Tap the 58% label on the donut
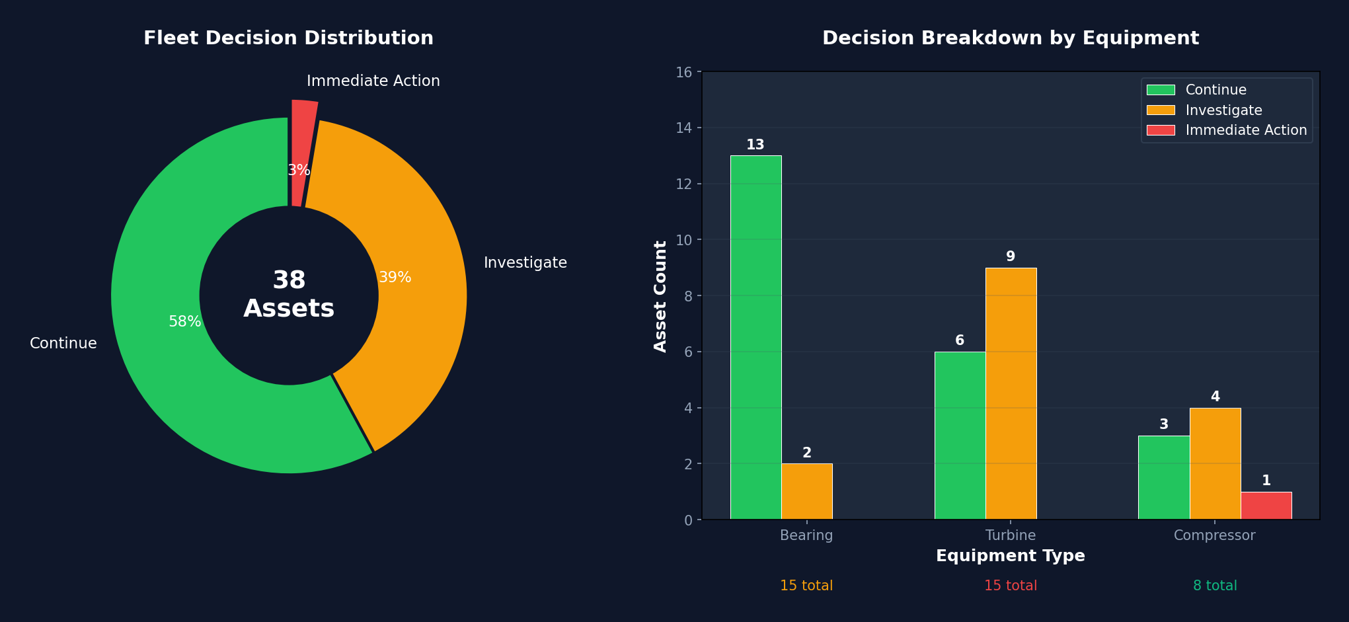184,322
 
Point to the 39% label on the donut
395,278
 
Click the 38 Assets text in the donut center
289,295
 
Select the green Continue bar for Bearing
755,337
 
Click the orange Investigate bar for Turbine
1011,393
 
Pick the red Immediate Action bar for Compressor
1266,506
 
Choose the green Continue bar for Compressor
1163,477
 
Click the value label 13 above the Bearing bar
755,145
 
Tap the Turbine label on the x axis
1010,535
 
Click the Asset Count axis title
660,296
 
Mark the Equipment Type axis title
1010,556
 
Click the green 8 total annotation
1214,586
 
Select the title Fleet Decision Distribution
288,38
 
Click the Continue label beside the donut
63,344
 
